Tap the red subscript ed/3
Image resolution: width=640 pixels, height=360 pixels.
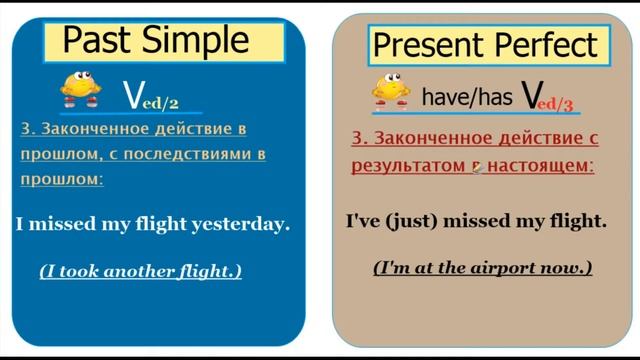(561, 103)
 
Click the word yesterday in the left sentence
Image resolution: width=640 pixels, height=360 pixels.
(246, 224)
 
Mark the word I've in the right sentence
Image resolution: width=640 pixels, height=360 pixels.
(364, 220)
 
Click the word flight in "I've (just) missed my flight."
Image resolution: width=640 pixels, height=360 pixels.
(576, 220)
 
